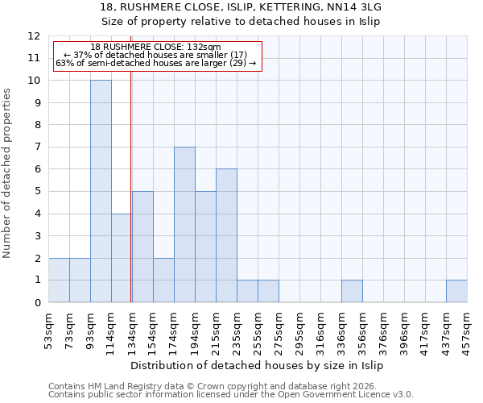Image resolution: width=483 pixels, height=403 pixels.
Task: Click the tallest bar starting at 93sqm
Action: click(x=101, y=191)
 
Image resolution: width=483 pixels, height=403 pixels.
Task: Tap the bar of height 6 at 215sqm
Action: click(x=226, y=235)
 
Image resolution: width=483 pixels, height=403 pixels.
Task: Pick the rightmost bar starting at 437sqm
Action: click(x=456, y=291)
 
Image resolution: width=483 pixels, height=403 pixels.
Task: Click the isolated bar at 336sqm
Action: click(x=352, y=291)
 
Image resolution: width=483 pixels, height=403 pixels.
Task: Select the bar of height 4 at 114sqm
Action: click(x=122, y=258)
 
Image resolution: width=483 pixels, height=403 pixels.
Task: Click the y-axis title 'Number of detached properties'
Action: click(x=8, y=174)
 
